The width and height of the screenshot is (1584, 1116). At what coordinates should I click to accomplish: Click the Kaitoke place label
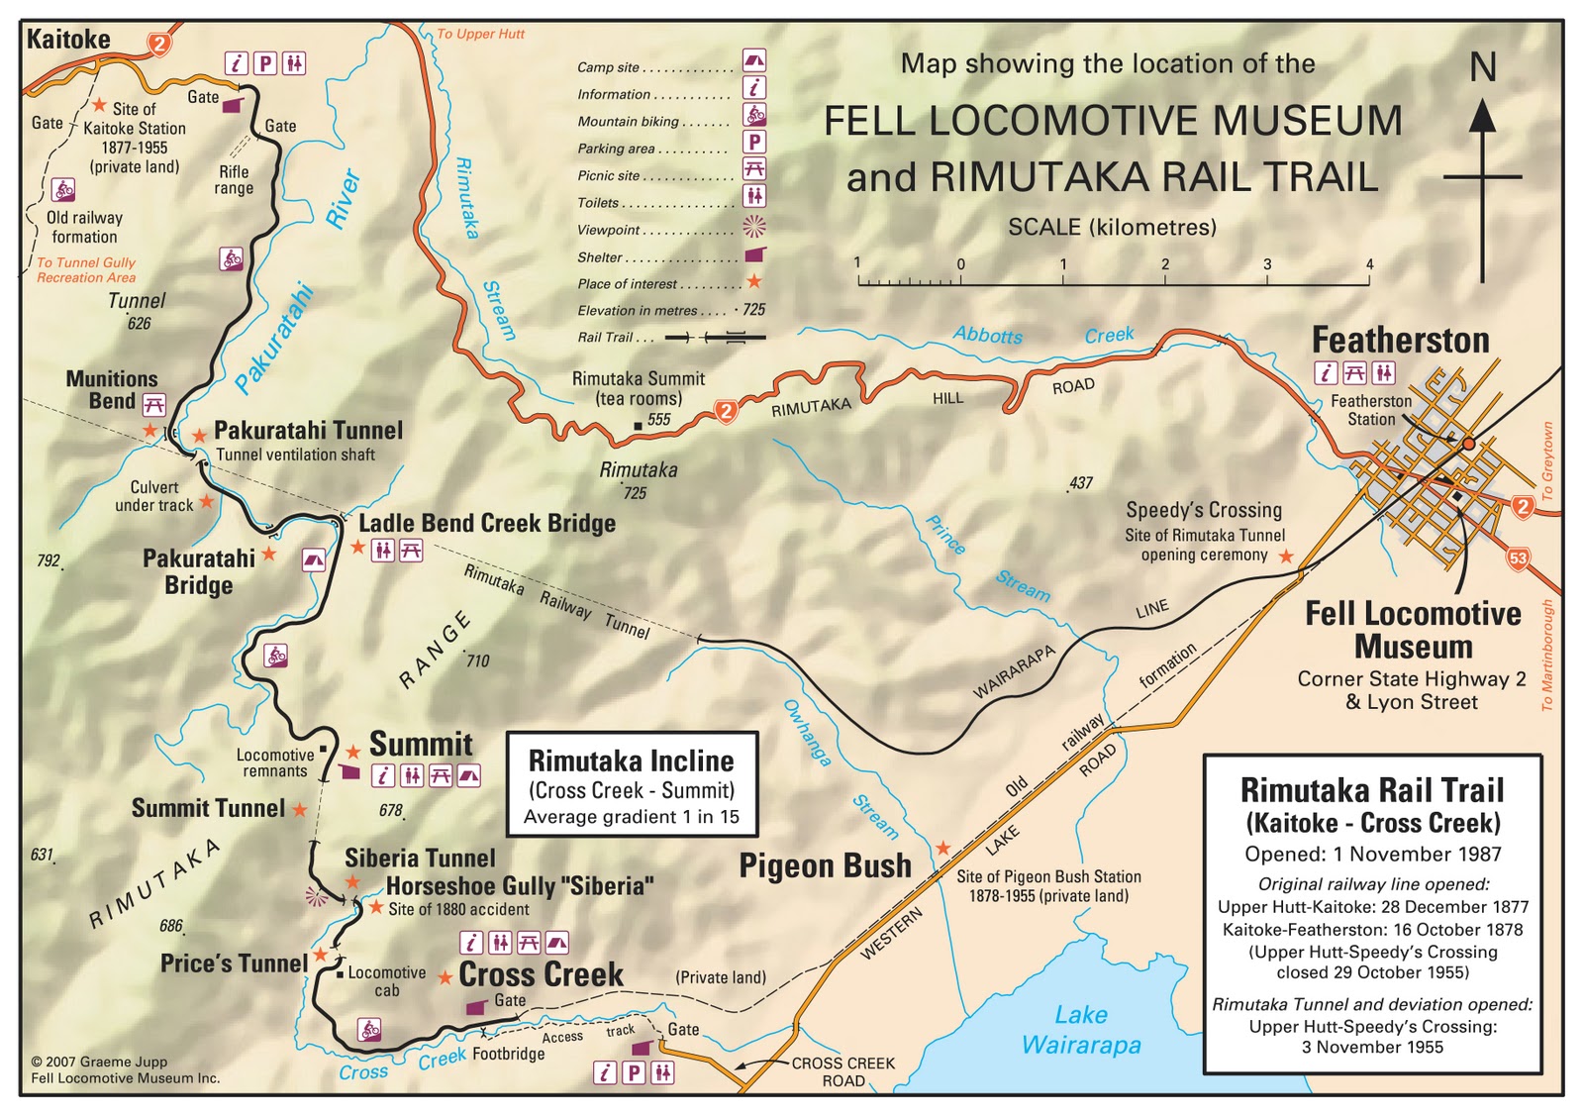click(x=68, y=40)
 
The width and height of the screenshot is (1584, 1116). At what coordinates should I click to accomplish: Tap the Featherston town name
click(x=1400, y=341)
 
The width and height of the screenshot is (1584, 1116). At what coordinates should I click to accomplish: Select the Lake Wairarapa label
click(x=1081, y=1030)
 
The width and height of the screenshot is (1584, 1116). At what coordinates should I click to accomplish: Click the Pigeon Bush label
click(x=825, y=866)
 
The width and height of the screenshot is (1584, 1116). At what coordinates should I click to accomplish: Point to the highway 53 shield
click(x=1518, y=558)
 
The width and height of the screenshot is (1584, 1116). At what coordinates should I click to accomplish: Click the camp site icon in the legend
click(x=753, y=61)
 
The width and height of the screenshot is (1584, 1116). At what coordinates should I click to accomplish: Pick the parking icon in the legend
click(x=754, y=143)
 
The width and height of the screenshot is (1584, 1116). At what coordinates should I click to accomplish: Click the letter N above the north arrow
click(x=1482, y=68)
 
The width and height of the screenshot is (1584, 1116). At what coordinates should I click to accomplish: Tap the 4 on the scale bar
click(x=1369, y=264)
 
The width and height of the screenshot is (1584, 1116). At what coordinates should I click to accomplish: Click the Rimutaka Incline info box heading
click(x=632, y=761)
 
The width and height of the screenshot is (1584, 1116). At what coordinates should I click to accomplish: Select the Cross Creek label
click(x=541, y=975)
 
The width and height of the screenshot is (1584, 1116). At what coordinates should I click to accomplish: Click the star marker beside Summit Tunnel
click(x=300, y=810)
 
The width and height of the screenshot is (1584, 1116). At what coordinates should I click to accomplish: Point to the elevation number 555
click(x=659, y=420)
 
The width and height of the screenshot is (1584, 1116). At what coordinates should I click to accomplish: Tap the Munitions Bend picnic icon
click(x=153, y=404)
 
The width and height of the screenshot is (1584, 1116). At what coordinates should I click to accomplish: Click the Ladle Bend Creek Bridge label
click(x=486, y=524)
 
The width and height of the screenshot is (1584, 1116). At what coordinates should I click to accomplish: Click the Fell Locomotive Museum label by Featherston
click(x=1413, y=631)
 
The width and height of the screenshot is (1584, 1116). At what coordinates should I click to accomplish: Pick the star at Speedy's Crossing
click(x=1286, y=558)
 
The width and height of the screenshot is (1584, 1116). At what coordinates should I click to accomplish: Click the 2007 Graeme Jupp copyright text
click(x=99, y=1062)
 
